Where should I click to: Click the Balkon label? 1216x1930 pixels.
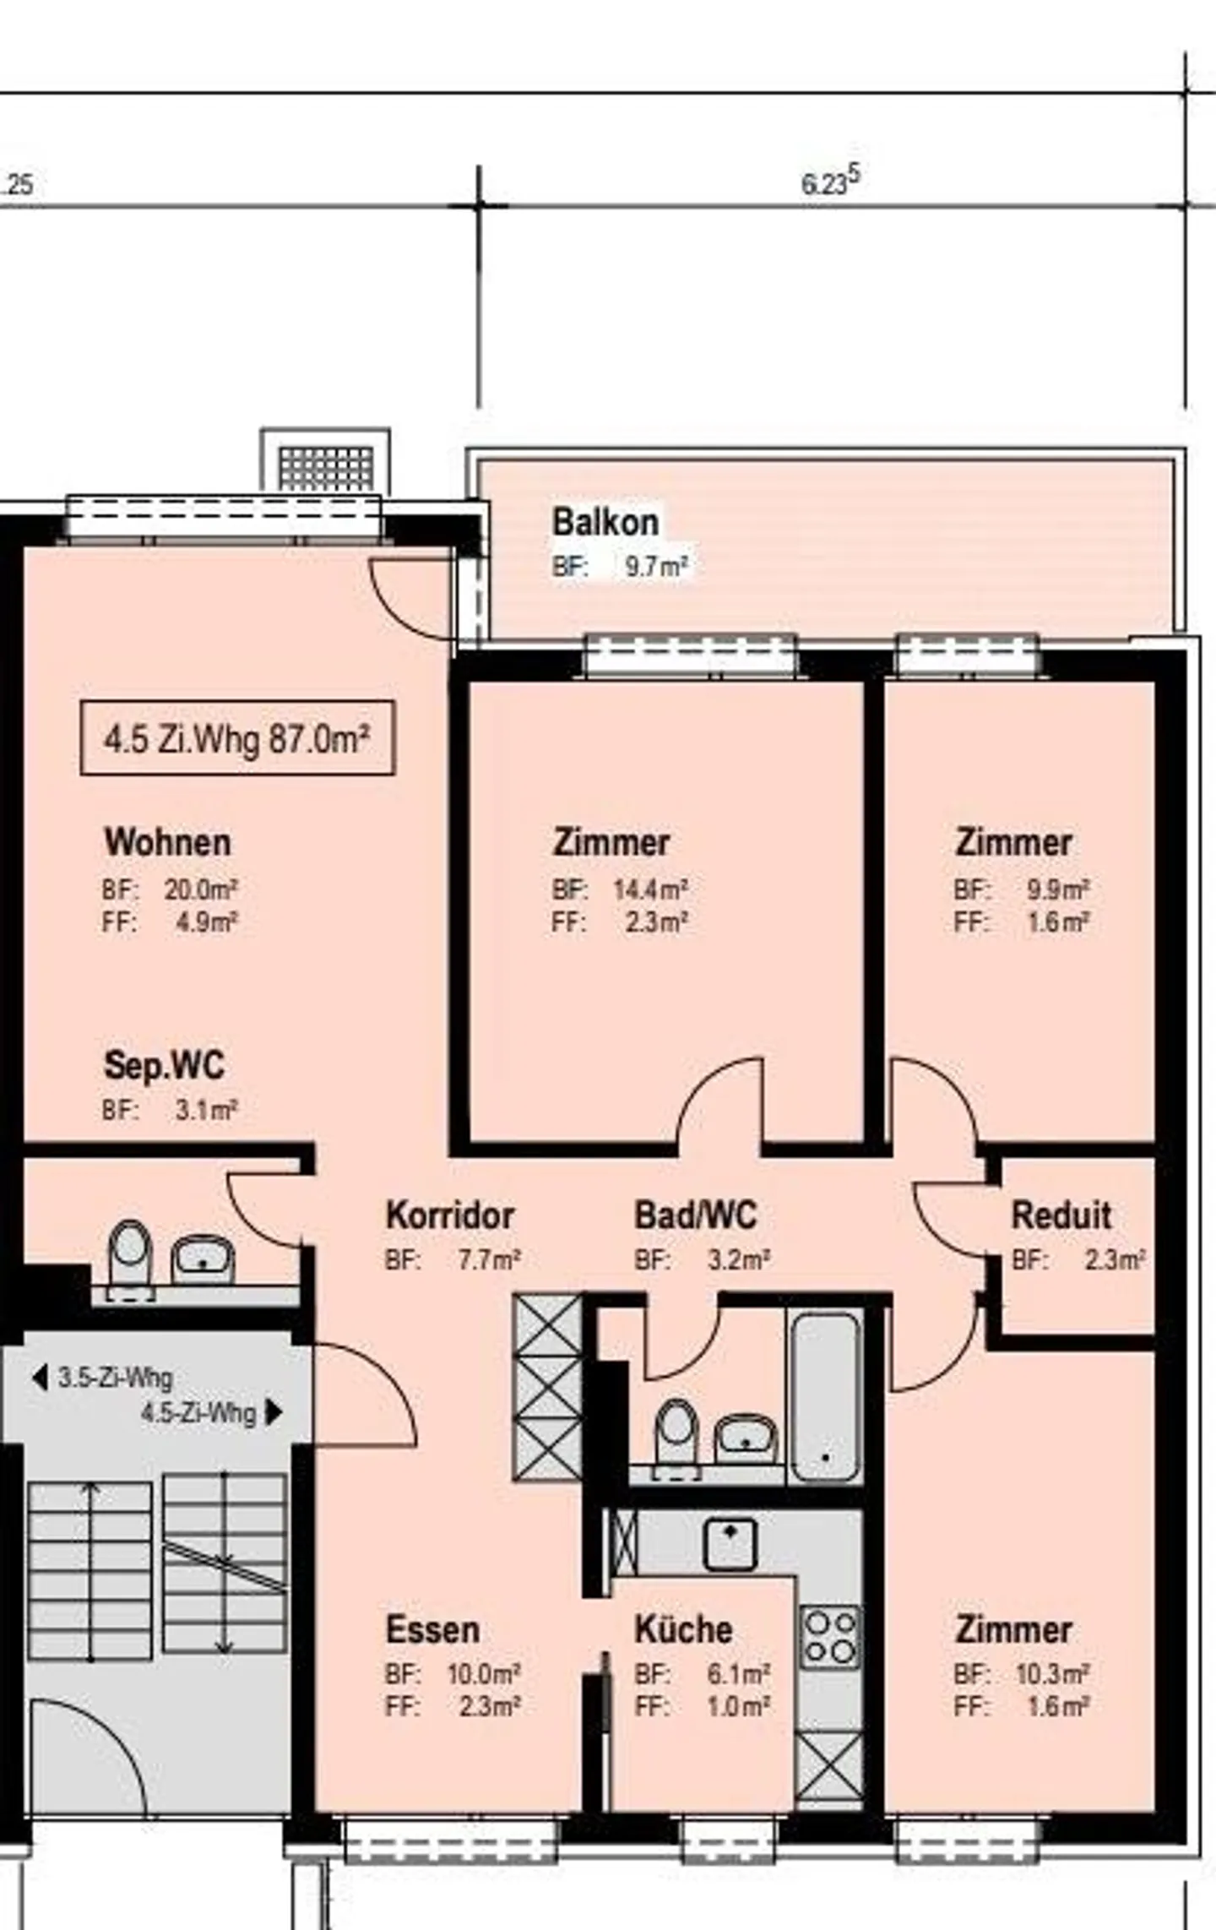(x=605, y=522)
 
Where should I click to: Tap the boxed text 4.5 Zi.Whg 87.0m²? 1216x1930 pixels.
(x=237, y=738)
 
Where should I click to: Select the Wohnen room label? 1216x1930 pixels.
(x=167, y=842)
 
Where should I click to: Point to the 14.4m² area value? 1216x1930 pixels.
(x=650, y=889)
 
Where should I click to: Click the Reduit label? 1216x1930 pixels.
(x=1061, y=1215)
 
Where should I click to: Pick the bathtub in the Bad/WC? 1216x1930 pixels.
(x=825, y=1395)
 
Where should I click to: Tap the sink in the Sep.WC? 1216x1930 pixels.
(x=203, y=1259)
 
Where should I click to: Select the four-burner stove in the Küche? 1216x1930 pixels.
(x=830, y=1637)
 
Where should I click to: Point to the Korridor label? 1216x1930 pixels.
(x=449, y=1215)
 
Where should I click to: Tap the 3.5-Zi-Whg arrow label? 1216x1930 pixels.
(x=103, y=1378)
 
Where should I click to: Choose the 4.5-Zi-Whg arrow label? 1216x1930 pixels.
(x=211, y=1412)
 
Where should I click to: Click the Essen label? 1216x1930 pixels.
(x=432, y=1629)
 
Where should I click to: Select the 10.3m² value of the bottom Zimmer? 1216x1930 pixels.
(x=1052, y=1673)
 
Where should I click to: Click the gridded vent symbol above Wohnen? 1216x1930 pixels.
(x=326, y=468)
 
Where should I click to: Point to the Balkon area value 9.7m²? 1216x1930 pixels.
(x=656, y=566)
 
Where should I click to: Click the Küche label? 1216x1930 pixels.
(x=683, y=1629)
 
